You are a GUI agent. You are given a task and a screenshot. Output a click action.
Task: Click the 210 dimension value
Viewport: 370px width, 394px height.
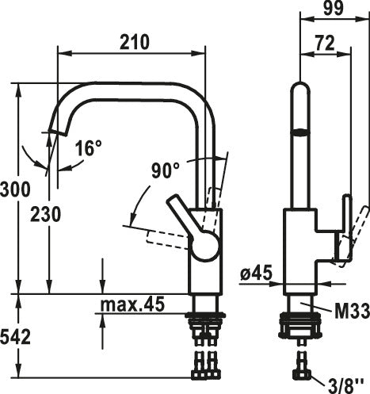[135, 42]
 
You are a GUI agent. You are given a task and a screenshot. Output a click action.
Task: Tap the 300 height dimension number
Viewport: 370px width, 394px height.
[15, 189]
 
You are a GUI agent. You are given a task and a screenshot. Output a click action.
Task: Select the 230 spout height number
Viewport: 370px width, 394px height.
[45, 214]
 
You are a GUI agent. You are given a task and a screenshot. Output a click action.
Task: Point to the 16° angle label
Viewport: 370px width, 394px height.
[88, 148]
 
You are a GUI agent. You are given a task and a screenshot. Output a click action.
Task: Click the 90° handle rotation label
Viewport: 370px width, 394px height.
[165, 170]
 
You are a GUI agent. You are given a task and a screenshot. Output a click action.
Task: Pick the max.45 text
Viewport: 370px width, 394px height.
[132, 304]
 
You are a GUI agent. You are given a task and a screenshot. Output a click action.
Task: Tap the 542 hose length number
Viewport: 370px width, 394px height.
[15, 338]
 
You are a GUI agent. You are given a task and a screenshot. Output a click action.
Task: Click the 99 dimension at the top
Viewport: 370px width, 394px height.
[334, 8]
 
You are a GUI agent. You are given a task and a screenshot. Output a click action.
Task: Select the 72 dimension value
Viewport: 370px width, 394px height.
[325, 43]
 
